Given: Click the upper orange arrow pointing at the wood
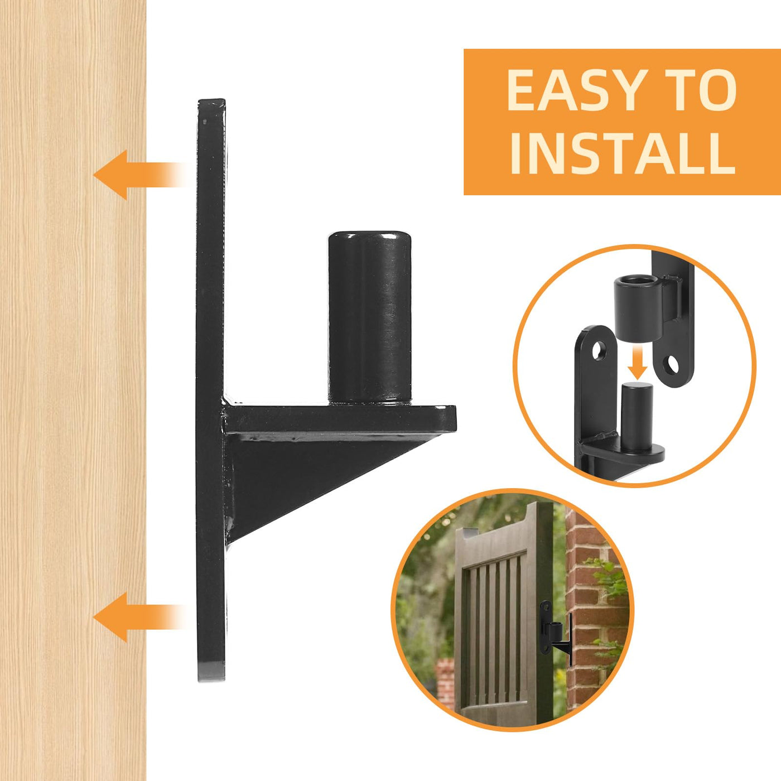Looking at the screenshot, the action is tap(140, 175).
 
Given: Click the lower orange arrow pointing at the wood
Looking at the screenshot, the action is tap(140, 617).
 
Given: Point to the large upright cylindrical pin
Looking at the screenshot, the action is tap(369, 318).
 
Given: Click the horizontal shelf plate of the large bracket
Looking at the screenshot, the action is tap(340, 417).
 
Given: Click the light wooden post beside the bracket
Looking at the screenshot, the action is tap(73, 390).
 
